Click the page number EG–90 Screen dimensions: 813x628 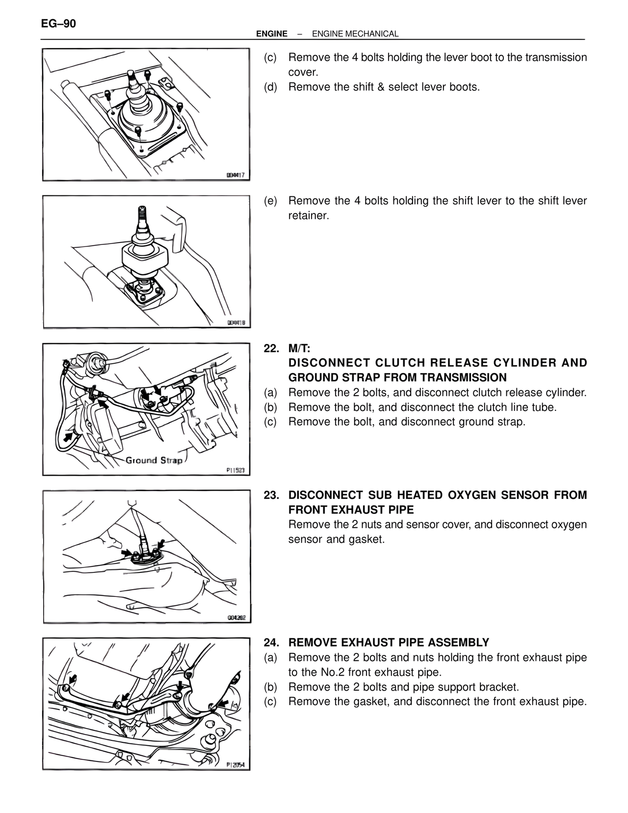point(58,24)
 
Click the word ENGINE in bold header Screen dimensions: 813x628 point(272,34)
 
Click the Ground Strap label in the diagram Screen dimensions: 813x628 point(154,461)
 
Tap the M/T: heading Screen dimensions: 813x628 point(299,349)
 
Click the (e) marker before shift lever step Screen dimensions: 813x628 point(270,201)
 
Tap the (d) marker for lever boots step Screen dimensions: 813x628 point(270,87)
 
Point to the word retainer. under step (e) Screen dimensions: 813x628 point(309,216)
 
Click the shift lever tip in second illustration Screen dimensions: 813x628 point(142,212)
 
